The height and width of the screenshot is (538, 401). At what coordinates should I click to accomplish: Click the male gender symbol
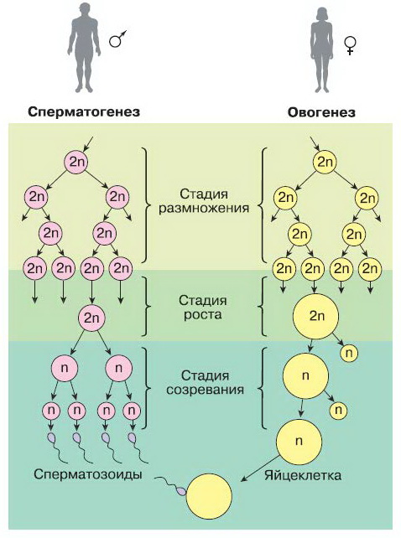(117, 39)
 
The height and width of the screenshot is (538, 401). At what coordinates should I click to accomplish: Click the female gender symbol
(351, 46)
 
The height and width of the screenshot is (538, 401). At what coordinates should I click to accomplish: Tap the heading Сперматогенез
(84, 112)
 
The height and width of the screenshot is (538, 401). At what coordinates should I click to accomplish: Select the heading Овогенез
(321, 112)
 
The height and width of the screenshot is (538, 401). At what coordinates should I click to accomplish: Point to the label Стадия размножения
(203, 201)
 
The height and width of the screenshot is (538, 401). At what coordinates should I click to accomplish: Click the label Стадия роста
(203, 308)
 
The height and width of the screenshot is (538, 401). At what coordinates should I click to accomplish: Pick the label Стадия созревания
(206, 383)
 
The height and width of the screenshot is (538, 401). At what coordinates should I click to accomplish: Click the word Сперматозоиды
(88, 474)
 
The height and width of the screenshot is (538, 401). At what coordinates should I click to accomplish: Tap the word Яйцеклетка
(303, 475)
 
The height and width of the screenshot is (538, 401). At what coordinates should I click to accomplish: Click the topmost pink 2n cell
(76, 162)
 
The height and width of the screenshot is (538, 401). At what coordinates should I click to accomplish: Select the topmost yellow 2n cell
(325, 162)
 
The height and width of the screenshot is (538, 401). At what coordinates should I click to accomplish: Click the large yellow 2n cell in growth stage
(315, 316)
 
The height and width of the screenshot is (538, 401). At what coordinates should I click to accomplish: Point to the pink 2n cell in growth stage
(91, 318)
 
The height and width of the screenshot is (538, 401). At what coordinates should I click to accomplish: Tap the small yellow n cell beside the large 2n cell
(349, 353)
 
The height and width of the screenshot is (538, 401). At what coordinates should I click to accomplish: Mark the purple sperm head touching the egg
(180, 492)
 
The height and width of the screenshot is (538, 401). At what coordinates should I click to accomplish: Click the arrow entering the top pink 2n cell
(87, 144)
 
